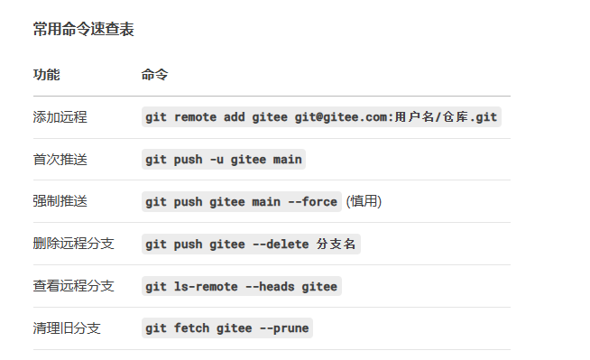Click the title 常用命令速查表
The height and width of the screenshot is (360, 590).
coord(84,29)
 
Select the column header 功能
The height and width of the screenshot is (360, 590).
coord(47,75)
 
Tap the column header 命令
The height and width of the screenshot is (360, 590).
coord(154,75)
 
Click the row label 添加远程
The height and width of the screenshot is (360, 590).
coord(60,117)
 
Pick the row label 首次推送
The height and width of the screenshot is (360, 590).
coord(60,159)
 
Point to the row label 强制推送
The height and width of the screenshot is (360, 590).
coord(60,201)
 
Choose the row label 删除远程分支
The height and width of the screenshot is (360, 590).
coord(74,244)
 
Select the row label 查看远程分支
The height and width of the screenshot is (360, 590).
coord(74,286)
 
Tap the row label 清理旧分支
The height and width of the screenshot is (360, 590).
coord(67,328)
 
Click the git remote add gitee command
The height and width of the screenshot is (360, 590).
coord(321,117)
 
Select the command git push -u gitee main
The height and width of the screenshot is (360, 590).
coord(224,160)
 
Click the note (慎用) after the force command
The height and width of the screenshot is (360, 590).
coord(364,201)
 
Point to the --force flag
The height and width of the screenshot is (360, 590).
coord(313,201)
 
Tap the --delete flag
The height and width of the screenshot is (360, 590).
coord(281,245)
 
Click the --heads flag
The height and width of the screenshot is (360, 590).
coord(270,287)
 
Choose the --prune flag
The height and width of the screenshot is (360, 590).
coord(284,328)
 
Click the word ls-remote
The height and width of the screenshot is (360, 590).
coord(206,287)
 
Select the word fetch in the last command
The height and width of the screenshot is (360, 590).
coord(191,328)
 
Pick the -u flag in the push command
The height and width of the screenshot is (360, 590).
coord(217,160)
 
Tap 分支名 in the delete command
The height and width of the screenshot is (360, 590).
coord(336,244)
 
